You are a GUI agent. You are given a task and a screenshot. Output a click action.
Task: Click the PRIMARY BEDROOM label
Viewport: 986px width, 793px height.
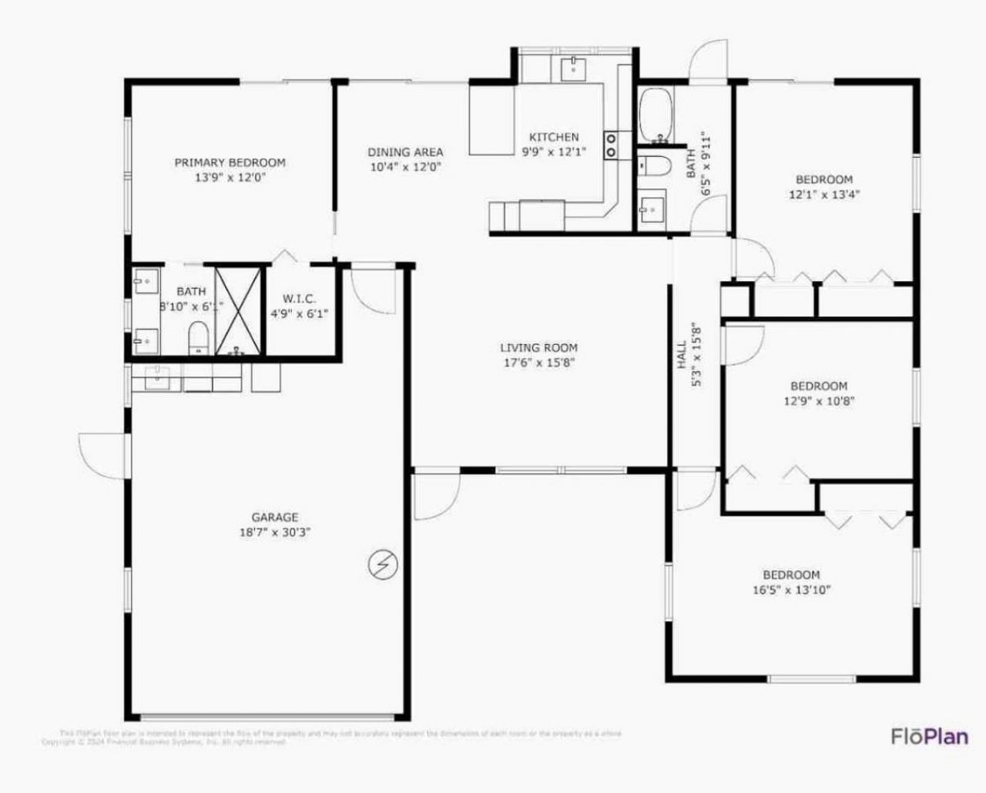[230, 162]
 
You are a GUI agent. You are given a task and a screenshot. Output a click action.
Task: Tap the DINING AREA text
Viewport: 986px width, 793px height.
[405, 152]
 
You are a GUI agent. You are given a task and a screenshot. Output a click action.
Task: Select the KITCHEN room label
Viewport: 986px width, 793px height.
[554, 137]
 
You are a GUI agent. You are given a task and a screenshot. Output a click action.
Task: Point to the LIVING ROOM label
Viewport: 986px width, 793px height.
[538, 348]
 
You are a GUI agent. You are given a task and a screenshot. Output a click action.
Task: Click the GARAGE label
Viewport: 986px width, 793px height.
[275, 517]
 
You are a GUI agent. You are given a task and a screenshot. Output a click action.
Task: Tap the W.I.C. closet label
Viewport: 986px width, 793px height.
[299, 299]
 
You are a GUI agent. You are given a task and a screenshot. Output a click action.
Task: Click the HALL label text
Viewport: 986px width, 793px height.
[682, 355]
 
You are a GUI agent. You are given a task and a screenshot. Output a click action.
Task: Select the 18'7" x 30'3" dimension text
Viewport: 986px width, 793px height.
[275, 532]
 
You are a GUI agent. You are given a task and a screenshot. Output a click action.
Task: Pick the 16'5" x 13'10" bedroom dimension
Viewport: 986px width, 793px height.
[791, 591]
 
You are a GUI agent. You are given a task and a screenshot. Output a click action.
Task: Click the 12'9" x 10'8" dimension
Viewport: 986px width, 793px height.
[818, 400]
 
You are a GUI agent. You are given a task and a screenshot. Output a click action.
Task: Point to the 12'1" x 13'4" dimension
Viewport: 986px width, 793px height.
[824, 195]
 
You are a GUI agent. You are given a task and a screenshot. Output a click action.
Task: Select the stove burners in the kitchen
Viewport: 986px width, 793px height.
[612, 145]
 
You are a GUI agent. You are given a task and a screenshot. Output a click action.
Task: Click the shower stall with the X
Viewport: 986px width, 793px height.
[239, 311]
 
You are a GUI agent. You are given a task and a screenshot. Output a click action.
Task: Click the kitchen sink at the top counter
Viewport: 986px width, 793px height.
[574, 68]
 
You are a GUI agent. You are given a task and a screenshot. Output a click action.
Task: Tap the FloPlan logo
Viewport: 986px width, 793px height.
[929, 736]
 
